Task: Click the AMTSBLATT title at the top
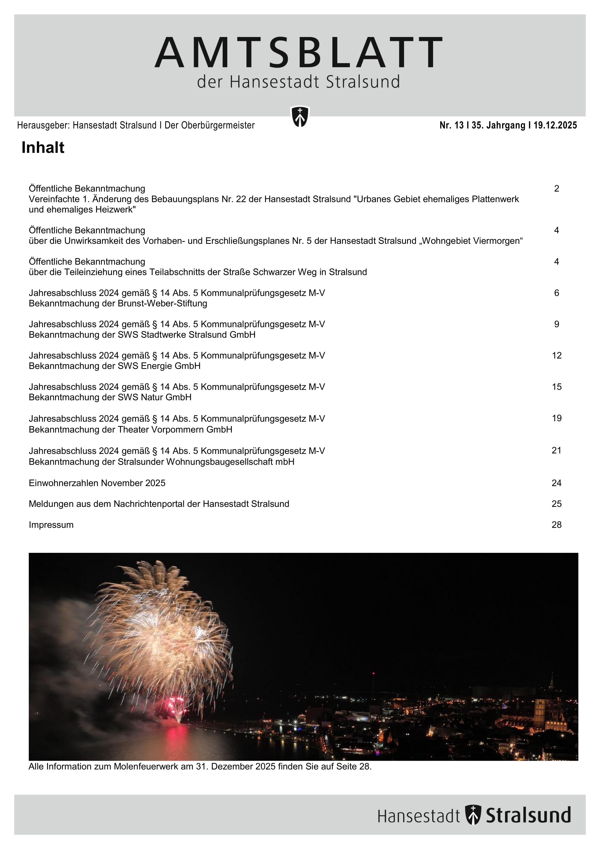298,53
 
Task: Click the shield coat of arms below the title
300,116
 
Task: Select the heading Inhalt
43,148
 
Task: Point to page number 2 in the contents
556,188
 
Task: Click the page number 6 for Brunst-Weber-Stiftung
556,293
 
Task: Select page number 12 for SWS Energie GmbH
556,355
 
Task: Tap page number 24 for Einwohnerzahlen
556,483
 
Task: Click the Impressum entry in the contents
51,525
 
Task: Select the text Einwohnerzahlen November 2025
97,483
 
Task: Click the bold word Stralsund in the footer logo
528,815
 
